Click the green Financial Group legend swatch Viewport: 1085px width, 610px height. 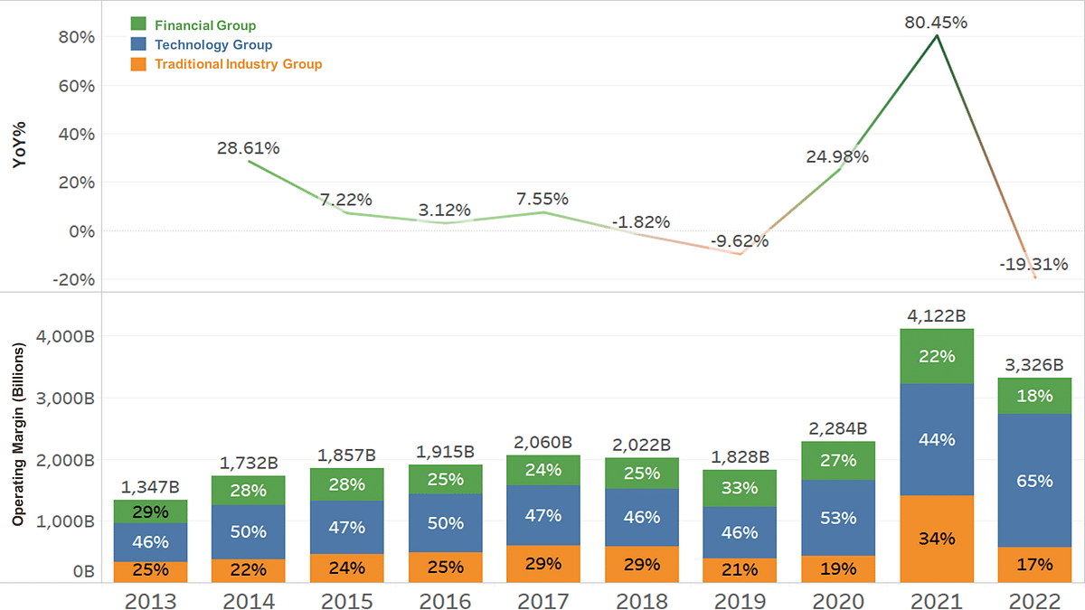pyautogui.click(x=138, y=25)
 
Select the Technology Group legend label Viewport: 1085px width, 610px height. pyautogui.click(x=213, y=44)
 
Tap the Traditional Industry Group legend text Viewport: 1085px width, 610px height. pyautogui.click(x=238, y=64)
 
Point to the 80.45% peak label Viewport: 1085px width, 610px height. pyautogui.click(x=936, y=23)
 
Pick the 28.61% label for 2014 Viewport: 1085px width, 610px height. pyautogui.click(x=248, y=146)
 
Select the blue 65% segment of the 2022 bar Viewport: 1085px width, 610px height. pyautogui.click(x=1034, y=481)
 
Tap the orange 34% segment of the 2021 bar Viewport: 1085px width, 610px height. pyautogui.click(x=936, y=539)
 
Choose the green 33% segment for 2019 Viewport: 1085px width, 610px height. pyautogui.click(x=741, y=488)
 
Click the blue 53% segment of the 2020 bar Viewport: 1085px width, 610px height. pyautogui.click(x=838, y=518)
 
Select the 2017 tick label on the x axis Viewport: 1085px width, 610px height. pyautogui.click(x=543, y=601)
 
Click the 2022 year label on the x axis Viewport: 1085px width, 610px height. pyautogui.click(x=1034, y=601)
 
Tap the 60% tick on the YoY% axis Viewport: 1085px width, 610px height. pyautogui.click(x=76, y=86)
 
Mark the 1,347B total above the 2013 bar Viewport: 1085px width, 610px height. pyautogui.click(x=149, y=487)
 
